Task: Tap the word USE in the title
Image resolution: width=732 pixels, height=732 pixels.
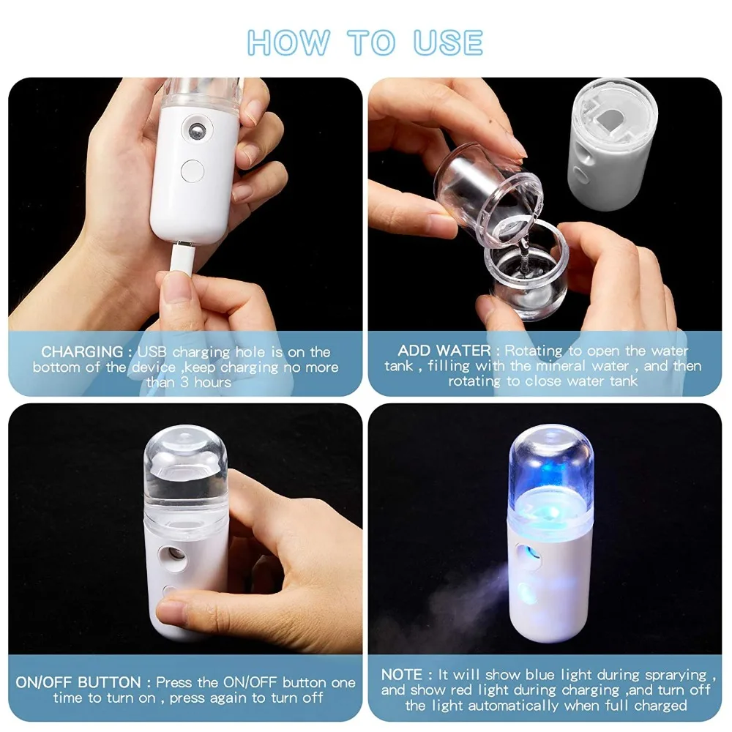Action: click(x=448, y=42)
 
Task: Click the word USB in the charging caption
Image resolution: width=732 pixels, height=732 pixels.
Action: click(x=153, y=353)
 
